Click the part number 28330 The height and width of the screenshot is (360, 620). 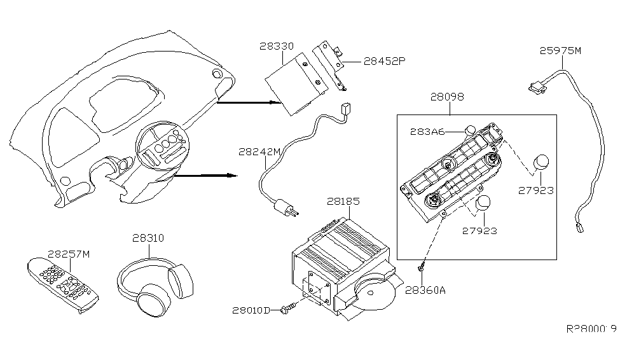point(277,46)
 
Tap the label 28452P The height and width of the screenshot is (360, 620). point(385,62)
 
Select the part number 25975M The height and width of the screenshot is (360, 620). point(560,52)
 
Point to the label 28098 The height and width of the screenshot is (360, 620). point(446,97)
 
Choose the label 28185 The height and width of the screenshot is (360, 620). point(343,201)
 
